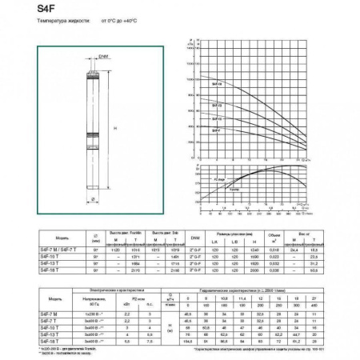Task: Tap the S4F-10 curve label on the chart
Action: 217,117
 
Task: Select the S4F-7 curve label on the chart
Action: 217,128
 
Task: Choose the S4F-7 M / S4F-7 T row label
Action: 54,250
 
